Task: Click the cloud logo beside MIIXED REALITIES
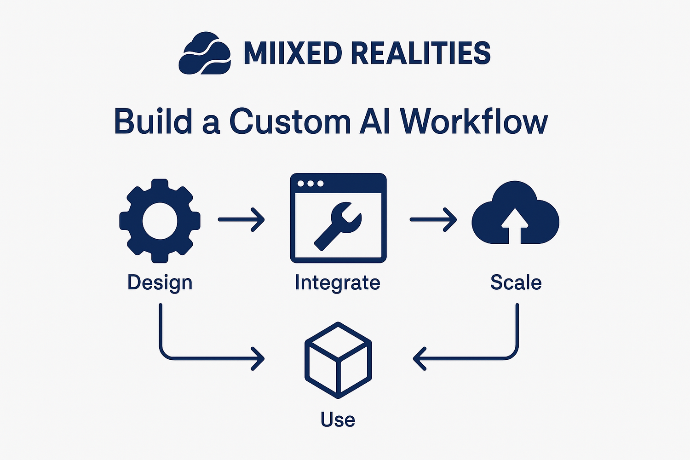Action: tap(205, 53)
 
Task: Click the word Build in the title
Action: tap(153, 121)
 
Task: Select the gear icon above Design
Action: tap(160, 221)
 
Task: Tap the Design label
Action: tap(160, 283)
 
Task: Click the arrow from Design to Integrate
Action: tap(241, 220)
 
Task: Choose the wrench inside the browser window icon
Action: tap(338, 226)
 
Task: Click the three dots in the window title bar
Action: tap(310, 184)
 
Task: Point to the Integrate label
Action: tap(338, 282)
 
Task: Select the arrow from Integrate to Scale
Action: tap(433, 220)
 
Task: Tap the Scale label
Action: tap(516, 282)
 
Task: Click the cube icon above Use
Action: tap(338, 360)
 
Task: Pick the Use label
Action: tap(338, 420)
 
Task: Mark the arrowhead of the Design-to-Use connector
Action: tap(258, 359)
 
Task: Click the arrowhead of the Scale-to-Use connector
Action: tap(420, 359)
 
